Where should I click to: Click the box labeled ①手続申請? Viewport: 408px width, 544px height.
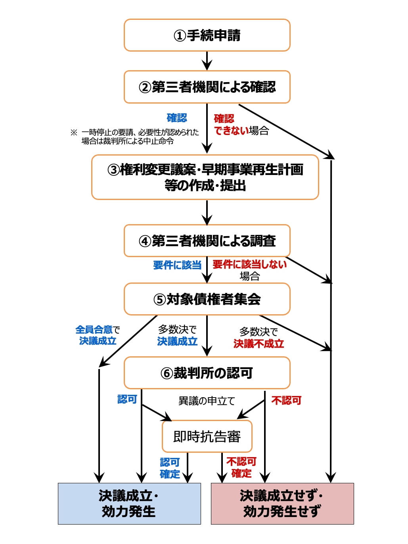tap(207, 35)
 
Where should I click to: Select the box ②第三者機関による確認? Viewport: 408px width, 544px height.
tap(207, 87)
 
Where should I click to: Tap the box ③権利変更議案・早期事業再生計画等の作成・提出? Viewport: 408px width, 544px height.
tap(205, 177)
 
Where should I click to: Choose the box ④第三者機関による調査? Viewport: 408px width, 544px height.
tap(207, 241)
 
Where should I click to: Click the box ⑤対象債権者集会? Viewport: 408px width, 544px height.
tap(207, 299)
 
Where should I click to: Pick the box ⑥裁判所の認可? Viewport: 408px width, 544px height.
tap(207, 373)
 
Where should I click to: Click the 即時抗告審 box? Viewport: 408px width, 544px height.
tap(207, 436)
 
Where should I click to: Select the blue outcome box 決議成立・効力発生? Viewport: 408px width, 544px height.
tap(129, 504)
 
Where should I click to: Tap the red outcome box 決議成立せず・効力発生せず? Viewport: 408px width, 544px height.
tap(282, 504)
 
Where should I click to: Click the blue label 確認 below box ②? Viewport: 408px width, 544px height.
tap(177, 118)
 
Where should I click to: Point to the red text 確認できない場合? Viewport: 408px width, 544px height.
tap(241, 125)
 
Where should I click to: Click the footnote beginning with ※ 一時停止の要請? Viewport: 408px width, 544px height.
tap(135, 137)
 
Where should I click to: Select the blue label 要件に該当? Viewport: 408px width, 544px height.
tap(177, 265)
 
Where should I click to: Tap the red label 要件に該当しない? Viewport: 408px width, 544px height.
tap(249, 265)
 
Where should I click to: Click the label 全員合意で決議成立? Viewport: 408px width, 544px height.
tap(98, 335)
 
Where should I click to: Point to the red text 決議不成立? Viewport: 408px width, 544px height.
tap(259, 344)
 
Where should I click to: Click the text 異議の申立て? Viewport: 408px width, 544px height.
tap(207, 401)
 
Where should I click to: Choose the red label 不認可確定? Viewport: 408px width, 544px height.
tap(241, 467)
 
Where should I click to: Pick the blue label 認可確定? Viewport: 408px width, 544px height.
tap(170, 468)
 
